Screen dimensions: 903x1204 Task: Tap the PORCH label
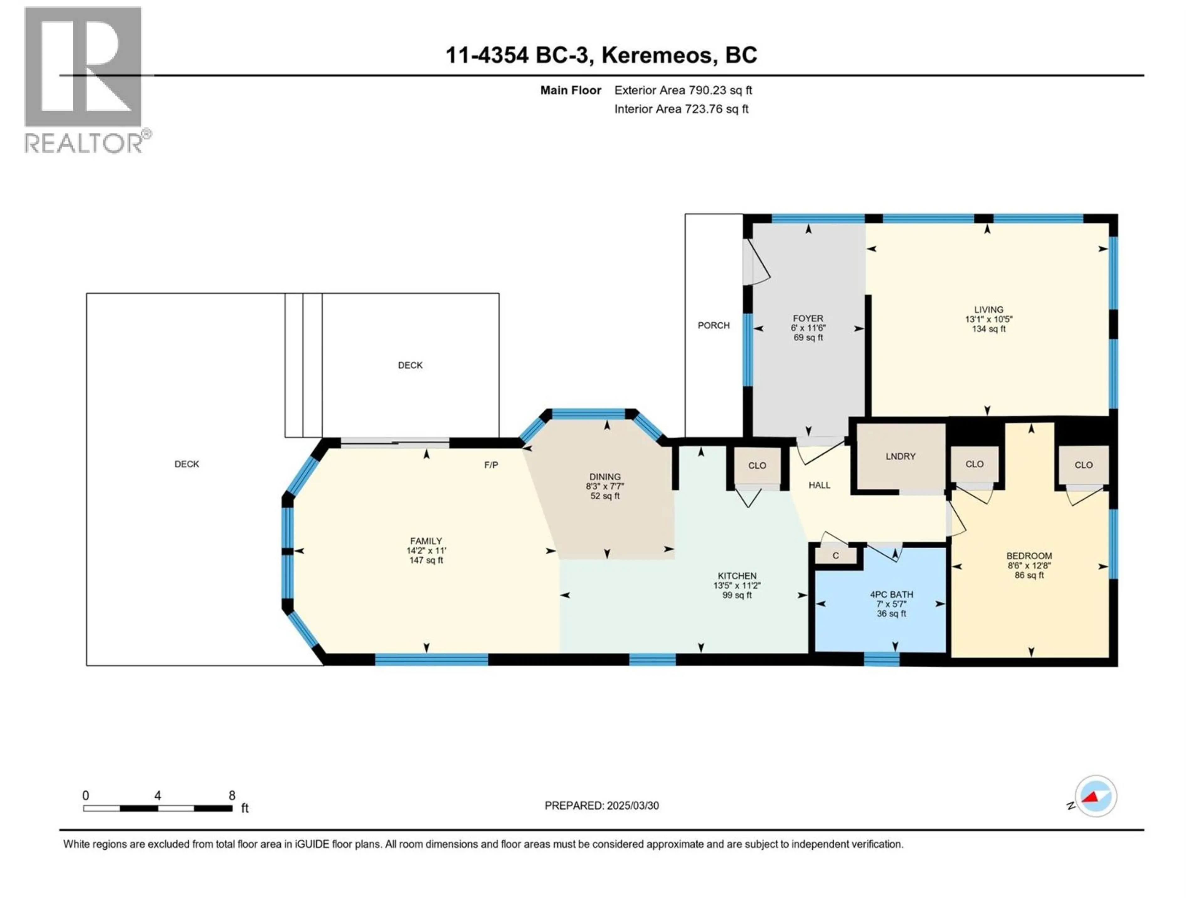714,325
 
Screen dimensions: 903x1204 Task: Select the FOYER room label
808,319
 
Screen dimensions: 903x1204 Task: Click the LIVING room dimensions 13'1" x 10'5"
989,319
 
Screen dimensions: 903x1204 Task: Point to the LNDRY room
900,457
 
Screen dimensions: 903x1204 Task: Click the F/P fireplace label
491,465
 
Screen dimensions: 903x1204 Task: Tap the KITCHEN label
737,576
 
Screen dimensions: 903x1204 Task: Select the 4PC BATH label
891,595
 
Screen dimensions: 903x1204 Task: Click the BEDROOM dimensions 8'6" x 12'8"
1029,566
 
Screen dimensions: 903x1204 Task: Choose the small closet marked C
836,556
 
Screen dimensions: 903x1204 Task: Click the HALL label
819,485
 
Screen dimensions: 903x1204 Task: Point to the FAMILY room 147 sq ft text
426,560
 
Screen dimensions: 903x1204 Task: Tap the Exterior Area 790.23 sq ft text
683,90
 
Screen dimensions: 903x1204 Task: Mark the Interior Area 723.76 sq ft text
681,109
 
